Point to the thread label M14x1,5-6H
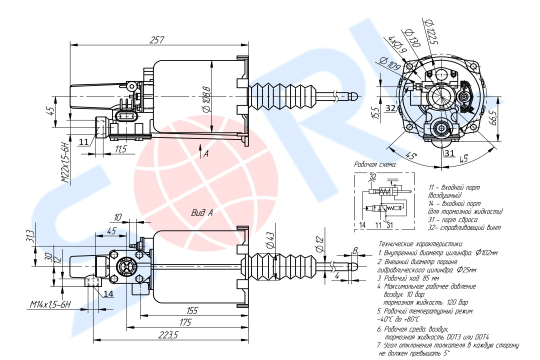(50, 304)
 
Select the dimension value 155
(191, 310)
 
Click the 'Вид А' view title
(202, 212)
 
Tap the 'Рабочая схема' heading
(375, 164)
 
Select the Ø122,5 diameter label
(430, 32)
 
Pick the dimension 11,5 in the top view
(120, 149)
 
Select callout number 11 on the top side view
(84, 141)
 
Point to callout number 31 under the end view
(449, 153)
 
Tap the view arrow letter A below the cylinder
(205, 154)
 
